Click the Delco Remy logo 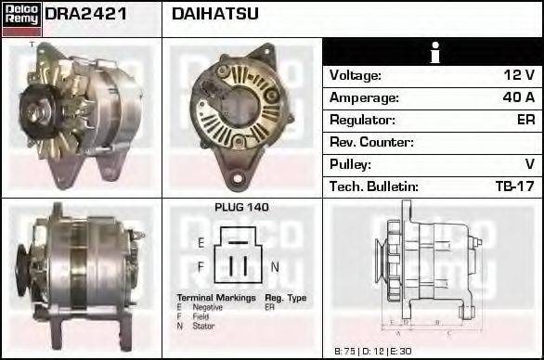pyautogui.click(x=21, y=18)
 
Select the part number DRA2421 pyautogui.click(x=86, y=14)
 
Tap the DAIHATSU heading pyautogui.click(x=215, y=14)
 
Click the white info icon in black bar pyautogui.click(x=433, y=52)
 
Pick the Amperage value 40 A pyautogui.click(x=518, y=97)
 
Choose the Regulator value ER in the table pyautogui.click(x=525, y=120)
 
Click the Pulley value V pyautogui.click(x=529, y=164)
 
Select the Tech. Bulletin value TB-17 pyautogui.click(x=514, y=186)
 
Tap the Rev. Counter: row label pyautogui.click(x=371, y=142)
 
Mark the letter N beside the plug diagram pyautogui.click(x=275, y=267)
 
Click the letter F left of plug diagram pyautogui.click(x=201, y=267)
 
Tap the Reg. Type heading pyautogui.click(x=285, y=298)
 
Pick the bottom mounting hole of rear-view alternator pyautogui.click(x=239, y=177)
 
